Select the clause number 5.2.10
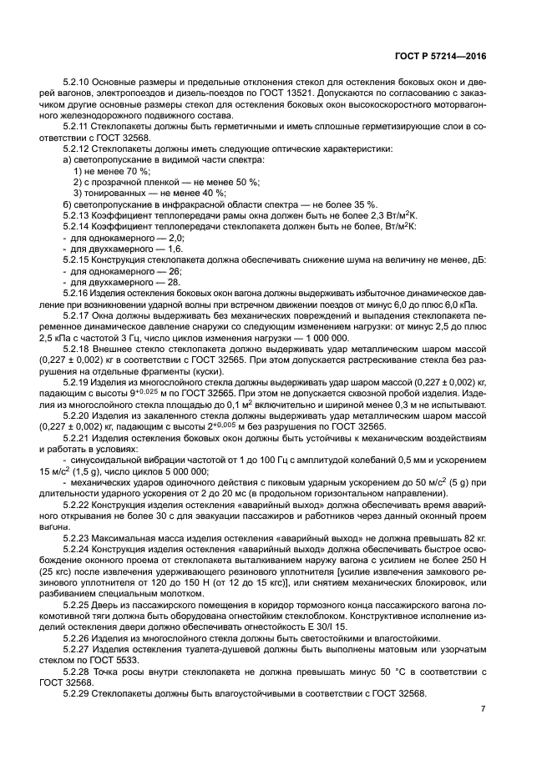coord(77,83)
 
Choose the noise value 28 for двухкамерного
coord(173,282)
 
